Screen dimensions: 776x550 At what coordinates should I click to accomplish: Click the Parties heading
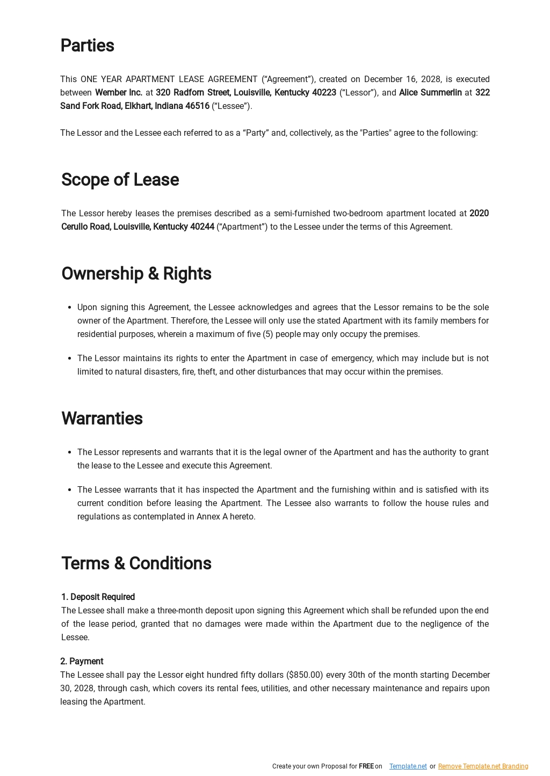87,46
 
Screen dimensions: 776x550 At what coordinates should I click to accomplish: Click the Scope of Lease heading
120,180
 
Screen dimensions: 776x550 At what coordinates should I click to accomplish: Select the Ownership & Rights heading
136,274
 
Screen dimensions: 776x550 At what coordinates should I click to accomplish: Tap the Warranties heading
102,419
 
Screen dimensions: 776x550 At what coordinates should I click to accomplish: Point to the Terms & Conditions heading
136,563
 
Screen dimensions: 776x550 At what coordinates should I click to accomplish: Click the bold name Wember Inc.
119,93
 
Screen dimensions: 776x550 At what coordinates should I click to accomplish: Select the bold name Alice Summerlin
430,93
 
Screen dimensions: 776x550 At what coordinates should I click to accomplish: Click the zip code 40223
324,93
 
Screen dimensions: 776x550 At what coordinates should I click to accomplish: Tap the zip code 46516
197,106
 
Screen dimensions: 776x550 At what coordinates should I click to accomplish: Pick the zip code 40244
202,227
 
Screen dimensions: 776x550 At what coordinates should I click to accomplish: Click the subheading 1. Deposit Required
98,597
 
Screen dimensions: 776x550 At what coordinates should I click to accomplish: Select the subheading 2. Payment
82,662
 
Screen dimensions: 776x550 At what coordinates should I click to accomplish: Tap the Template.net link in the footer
408,766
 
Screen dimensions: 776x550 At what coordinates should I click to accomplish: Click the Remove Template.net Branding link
483,766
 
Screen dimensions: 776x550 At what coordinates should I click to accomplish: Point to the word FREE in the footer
366,766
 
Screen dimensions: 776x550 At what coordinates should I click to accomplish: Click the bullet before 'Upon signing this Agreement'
69,308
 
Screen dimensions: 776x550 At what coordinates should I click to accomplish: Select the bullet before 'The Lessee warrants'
69,491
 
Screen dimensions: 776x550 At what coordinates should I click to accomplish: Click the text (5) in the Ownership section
268,334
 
